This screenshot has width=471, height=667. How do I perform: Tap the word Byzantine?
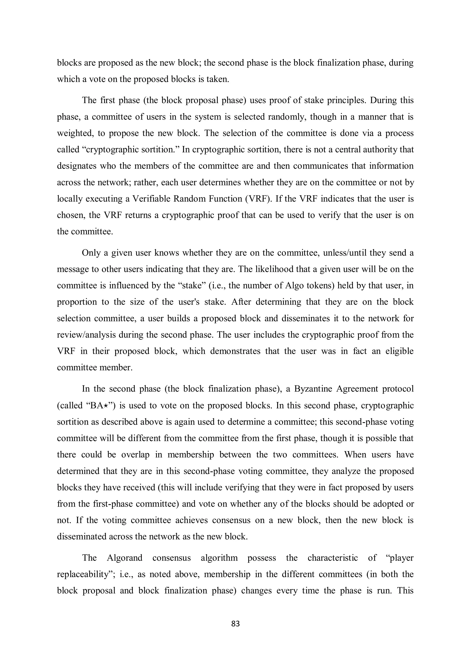tap(313, 389)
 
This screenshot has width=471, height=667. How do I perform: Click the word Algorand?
tap(124, 558)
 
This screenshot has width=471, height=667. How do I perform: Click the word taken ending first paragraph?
tap(219, 79)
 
